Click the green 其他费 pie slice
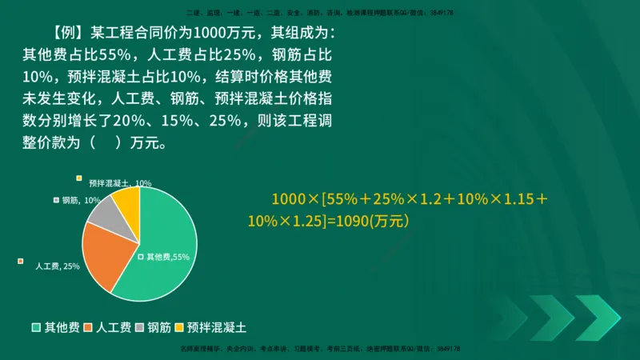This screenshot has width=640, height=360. tap(164, 240)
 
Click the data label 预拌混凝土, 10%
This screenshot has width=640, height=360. tap(120, 183)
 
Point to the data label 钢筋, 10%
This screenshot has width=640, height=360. tap(81, 200)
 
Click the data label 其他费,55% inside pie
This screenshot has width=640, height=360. tap(167, 257)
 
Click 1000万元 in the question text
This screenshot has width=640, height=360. tap(227, 34)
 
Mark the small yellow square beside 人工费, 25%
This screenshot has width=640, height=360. tap(20, 259)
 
